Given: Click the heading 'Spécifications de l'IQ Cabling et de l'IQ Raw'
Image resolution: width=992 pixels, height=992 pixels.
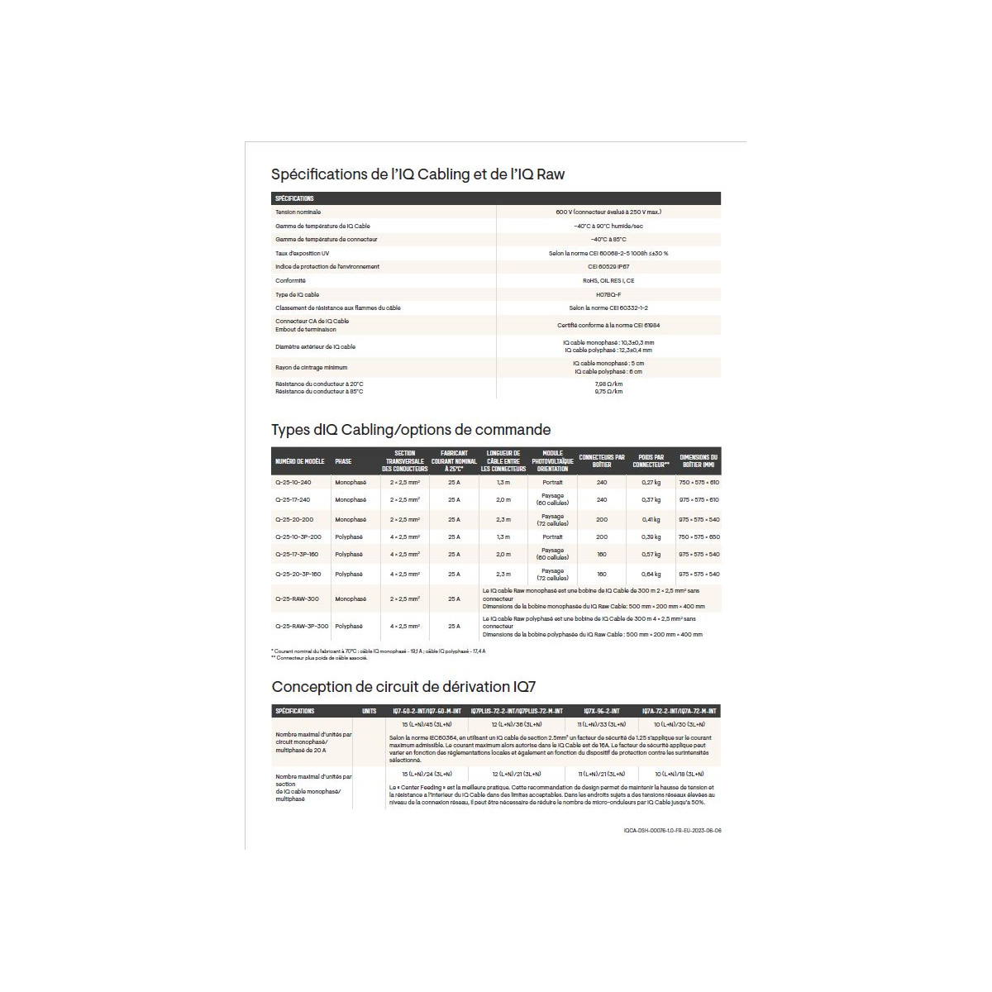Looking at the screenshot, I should tap(417, 174).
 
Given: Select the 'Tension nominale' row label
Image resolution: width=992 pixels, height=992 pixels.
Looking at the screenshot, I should tap(298, 212).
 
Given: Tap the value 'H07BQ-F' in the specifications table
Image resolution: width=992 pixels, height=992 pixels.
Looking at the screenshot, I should tap(608, 294).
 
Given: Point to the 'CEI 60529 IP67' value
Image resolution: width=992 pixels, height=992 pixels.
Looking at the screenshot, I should tap(608, 267).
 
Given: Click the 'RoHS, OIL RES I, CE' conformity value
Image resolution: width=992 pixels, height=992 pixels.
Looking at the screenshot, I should tap(608, 281).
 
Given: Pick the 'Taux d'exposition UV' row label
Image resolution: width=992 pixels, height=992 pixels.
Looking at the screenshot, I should tap(303, 253).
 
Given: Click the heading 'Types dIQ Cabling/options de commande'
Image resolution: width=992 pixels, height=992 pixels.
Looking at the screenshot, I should tap(411, 430).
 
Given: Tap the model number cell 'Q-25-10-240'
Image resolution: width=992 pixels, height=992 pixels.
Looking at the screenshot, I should tap(293, 482).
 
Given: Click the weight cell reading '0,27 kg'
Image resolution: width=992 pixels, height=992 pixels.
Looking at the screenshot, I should tap(651, 482).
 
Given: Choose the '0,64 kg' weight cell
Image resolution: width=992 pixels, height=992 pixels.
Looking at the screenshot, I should tap(651, 574).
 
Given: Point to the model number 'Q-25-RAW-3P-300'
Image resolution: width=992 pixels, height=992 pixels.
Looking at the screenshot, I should tap(302, 627).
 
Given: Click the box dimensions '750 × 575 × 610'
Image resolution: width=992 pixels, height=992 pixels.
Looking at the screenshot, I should tap(699, 482).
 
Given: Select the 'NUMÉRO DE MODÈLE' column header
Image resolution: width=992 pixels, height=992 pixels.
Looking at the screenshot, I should tap(299, 461).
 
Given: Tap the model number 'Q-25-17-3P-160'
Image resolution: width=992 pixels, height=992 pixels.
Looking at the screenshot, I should tap(296, 555).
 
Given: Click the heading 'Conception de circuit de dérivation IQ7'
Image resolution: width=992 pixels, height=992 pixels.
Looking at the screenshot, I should tap(409, 687).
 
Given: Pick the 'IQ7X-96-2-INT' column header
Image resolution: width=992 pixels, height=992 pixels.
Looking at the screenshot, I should tap(607, 711).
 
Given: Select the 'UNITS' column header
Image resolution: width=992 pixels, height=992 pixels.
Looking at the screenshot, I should tap(369, 711).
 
